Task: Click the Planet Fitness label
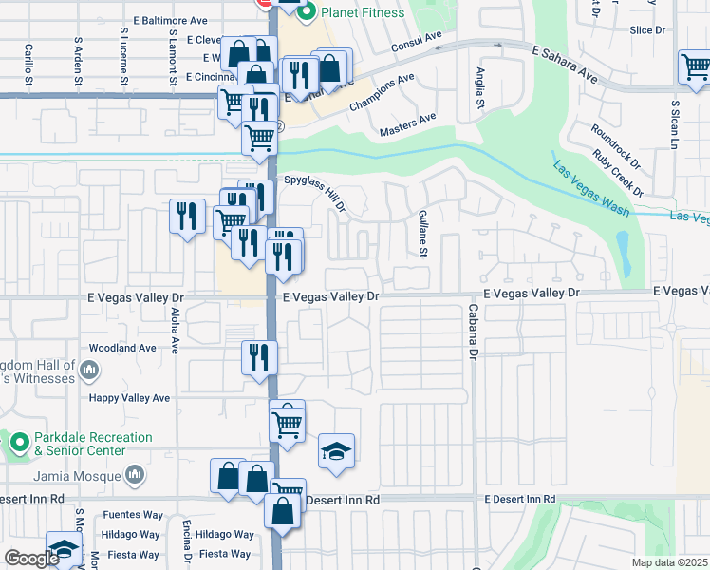pyautogui.click(x=364, y=12)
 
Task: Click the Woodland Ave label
pyautogui.click(x=121, y=349)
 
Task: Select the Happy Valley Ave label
pyautogui.click(x=128, y=398)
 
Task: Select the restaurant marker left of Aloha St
pyautogui.click(x=187, y=215)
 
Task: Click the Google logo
pyautogui.click(x=30, y=559)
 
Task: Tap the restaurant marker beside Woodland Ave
pyautogui.click(x=259, y=358)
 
